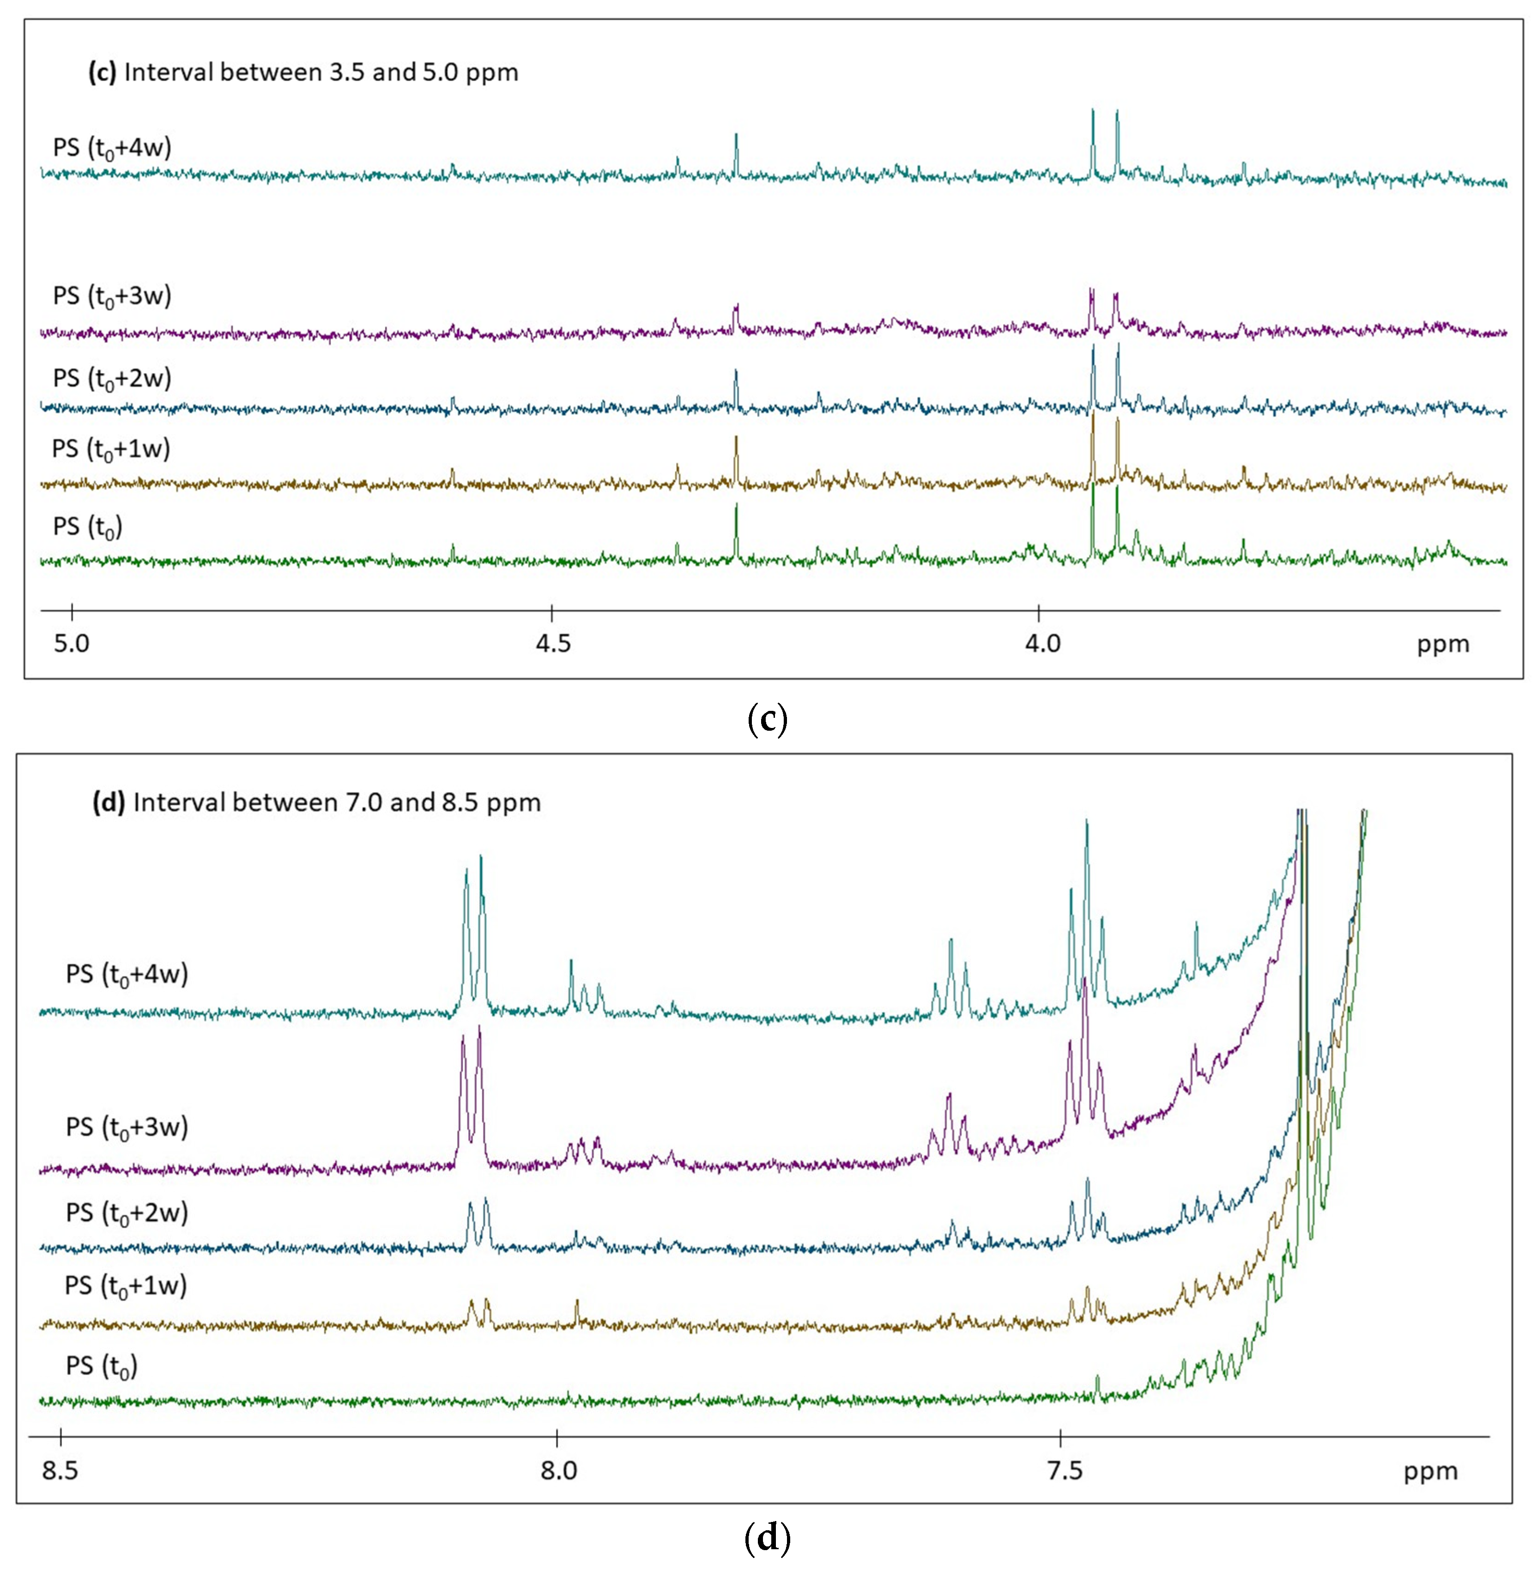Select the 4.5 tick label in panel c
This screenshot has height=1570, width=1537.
point(553,644)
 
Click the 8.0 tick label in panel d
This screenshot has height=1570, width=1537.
point(558,1470)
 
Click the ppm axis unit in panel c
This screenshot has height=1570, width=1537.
point(1442,644)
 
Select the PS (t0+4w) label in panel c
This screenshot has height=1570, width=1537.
point(112,149)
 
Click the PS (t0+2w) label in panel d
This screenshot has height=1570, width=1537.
point(127,1213)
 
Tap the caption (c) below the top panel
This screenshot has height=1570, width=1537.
point(767,718)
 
